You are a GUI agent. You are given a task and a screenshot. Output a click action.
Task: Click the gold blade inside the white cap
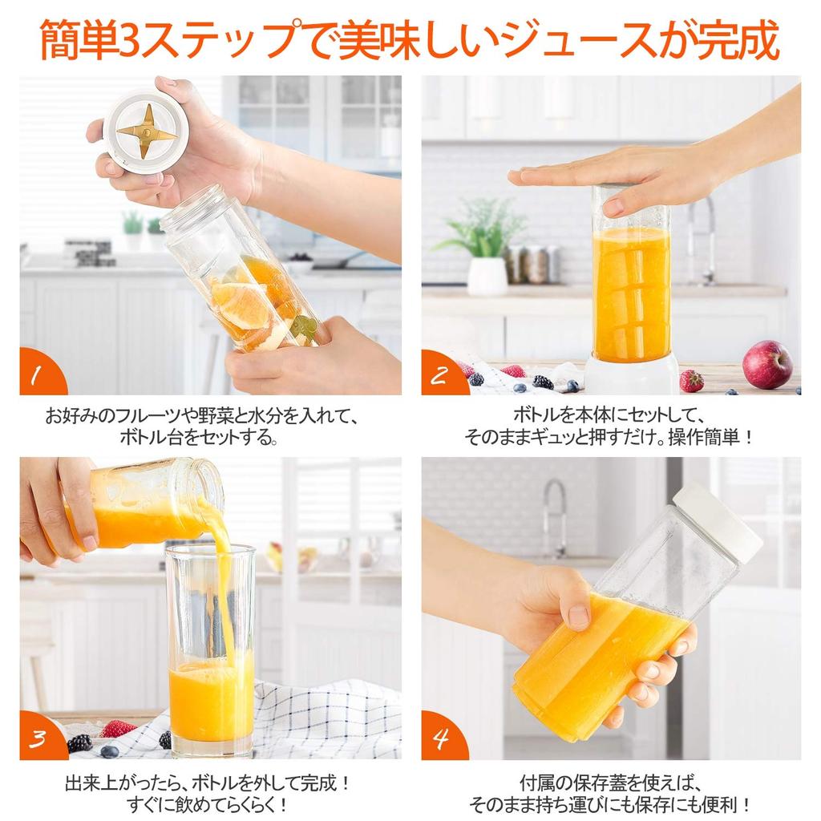point(145,131)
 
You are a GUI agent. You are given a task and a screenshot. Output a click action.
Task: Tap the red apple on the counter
point(766,364)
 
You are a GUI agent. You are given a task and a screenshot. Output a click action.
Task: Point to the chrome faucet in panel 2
point(702,240)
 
